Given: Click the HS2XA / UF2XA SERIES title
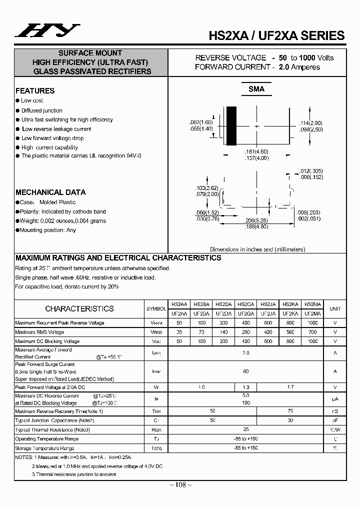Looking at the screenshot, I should (276, 35).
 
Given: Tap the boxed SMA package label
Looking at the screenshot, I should (256, 89).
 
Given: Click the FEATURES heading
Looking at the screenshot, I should (35, 91).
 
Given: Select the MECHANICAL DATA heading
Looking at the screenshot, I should (50, 192).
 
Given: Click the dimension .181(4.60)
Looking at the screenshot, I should (256, 151).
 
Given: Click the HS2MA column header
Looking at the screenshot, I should (312, 303).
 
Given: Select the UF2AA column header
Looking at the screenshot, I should (179, 313).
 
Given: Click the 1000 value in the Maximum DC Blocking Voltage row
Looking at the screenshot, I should (312, 341).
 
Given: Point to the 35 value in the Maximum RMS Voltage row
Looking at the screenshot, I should (179, 332).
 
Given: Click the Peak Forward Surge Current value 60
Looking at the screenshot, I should (245, 371).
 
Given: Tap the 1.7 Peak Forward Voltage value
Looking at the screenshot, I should (290, 387).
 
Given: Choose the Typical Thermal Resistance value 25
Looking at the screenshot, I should (245, 429).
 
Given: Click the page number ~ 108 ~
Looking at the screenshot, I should (179, 484).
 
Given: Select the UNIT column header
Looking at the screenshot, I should (335, 308).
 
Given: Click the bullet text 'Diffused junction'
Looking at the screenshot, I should (41, 110).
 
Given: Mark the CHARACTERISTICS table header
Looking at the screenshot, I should (79, 308).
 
